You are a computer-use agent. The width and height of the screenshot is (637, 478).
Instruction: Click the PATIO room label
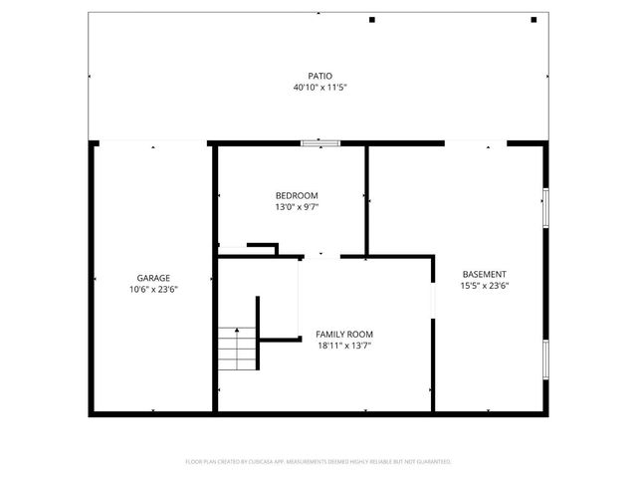coord(318,76)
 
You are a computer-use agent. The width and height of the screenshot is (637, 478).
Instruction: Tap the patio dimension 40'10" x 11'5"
coord(318,88)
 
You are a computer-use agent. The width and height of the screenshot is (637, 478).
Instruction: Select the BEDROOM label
coord(297,195)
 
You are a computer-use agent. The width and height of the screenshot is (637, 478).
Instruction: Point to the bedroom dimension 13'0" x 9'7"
coord(297,207)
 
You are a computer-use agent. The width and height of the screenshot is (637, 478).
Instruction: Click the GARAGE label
coord(153,278)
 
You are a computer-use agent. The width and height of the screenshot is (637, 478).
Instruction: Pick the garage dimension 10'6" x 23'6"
coord(153,290)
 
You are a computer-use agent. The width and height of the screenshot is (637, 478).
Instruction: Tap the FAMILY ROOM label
coord(344,335)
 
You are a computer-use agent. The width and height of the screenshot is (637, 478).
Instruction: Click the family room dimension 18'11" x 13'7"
coord(344,347)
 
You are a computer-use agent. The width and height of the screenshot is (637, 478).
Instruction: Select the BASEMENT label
coord(485,274)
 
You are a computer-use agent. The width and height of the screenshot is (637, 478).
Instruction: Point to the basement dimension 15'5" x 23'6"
coord(485,286)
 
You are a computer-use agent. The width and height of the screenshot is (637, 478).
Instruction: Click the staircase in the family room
coord(239,349)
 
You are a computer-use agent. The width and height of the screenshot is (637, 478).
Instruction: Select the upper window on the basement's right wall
coord(545,206)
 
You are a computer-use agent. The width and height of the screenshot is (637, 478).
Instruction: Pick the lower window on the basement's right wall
coord(545,359)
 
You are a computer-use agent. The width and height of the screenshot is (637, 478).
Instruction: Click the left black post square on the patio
coord(372,20)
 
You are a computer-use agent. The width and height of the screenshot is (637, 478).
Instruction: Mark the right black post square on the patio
coord(534,20)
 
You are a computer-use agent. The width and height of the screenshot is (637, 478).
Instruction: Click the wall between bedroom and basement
coord(367,199)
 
